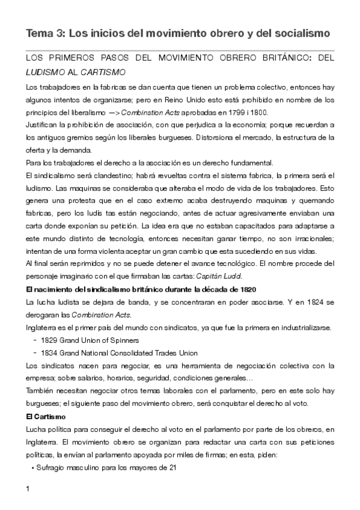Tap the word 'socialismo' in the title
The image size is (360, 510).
[x=304, y=34]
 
